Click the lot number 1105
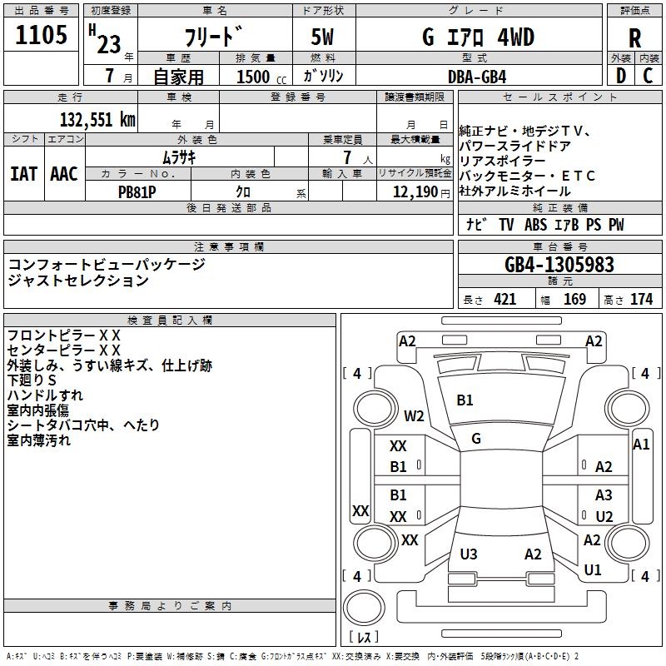41,34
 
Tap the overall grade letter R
634,38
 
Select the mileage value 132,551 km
97,120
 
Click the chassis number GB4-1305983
559,265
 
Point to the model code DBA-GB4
477,77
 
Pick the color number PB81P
137,192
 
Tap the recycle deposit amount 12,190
415,192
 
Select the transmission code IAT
24,174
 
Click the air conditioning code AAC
64,174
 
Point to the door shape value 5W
322,37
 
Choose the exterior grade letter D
621,76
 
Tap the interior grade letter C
648,76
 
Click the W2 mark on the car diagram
414,415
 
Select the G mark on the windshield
476,439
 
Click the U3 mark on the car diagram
469,554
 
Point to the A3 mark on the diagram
604,495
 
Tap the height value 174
641,299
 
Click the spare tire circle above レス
364,608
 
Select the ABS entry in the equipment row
535,225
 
